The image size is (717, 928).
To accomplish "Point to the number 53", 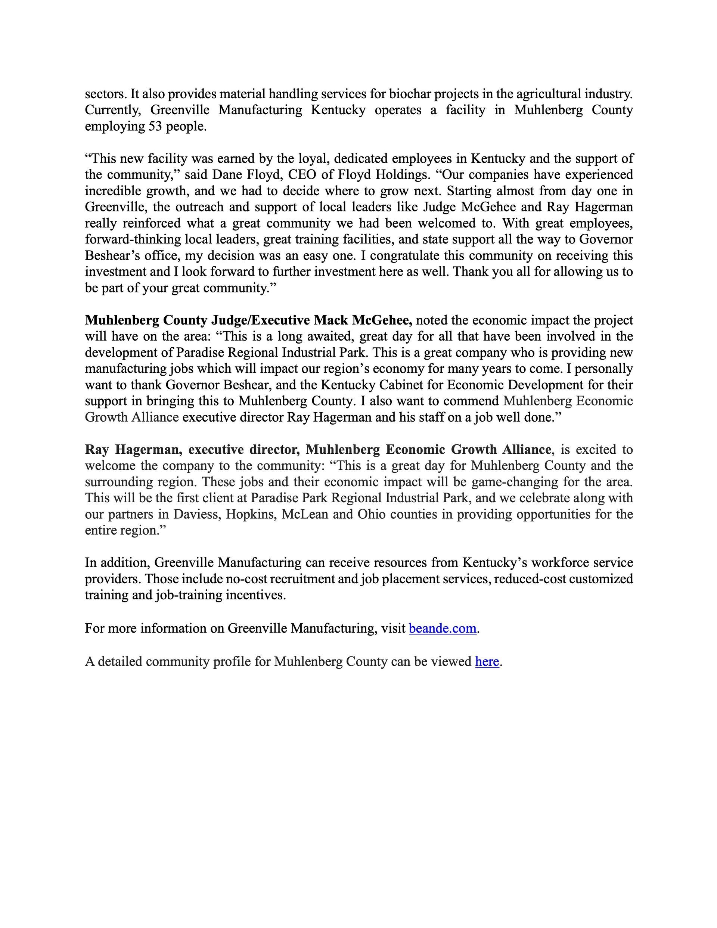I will (155, 126).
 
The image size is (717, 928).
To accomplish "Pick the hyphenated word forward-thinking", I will (133, 239).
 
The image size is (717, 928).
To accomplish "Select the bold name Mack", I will (330, 320).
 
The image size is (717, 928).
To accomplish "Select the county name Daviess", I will (196, 514).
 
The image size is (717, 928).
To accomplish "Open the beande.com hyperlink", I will (442, 628).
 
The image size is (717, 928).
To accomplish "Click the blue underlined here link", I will (487, 661).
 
